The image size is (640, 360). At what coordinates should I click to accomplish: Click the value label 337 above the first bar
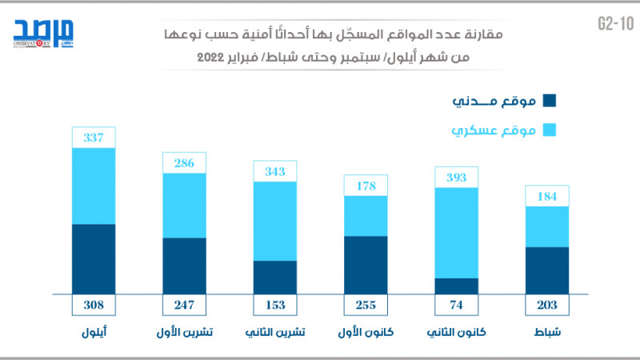[x=94, y=138]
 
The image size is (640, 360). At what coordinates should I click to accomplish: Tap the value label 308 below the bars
[x=94, y=305]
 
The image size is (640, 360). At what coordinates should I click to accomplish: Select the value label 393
[x=456, y=177]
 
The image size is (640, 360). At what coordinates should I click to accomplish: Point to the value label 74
[x=456, y=305]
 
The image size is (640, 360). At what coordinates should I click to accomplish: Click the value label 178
[x=366, y=186]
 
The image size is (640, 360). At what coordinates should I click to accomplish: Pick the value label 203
[x=546, y=305]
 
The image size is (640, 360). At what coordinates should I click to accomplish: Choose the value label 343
[x=275, y=171]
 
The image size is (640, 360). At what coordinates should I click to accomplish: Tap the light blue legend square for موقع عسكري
[x=550, y=129]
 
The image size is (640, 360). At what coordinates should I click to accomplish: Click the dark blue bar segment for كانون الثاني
[x=456, y=286]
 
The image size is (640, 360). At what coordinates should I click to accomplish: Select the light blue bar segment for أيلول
[x=94, y=186]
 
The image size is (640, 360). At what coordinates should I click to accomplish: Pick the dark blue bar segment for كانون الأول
[x=366, y=265]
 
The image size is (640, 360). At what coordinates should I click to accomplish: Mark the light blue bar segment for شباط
[x=546, y=226]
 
